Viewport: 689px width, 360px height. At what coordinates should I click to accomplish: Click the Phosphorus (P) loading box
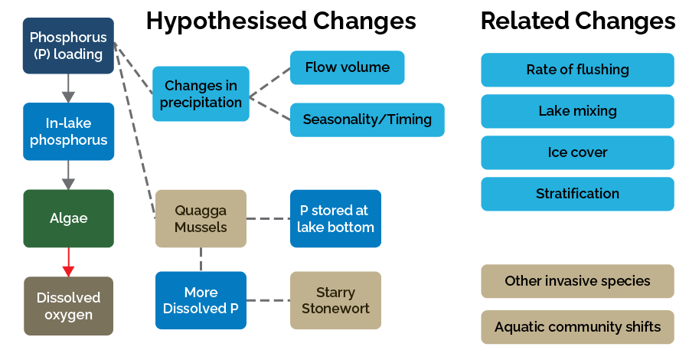68,46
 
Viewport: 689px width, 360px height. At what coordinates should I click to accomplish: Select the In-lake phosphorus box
68,131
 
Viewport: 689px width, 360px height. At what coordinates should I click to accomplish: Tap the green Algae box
68,218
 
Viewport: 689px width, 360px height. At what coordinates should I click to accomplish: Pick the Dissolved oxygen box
68,306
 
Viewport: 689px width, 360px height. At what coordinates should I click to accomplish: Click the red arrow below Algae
68,262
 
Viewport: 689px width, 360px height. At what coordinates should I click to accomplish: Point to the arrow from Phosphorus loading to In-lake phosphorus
68,88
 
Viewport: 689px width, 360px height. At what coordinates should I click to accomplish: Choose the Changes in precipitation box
201,93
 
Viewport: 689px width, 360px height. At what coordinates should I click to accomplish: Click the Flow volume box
347,67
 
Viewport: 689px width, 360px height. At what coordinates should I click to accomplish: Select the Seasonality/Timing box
367,119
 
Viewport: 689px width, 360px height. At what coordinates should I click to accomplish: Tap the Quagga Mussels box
201,218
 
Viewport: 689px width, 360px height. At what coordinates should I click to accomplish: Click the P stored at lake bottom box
335,218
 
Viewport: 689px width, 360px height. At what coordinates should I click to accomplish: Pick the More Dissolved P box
201,300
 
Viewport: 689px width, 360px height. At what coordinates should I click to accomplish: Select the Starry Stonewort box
335,300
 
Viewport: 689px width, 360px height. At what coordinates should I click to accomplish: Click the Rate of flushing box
577,70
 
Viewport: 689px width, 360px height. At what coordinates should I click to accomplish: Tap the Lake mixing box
577,111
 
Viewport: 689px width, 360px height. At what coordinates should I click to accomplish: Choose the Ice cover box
577,152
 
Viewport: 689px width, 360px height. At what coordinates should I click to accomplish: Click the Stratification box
577,194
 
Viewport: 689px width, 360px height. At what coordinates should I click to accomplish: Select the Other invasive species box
577,281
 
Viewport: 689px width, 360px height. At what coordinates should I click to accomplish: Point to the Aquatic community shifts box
577,327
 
